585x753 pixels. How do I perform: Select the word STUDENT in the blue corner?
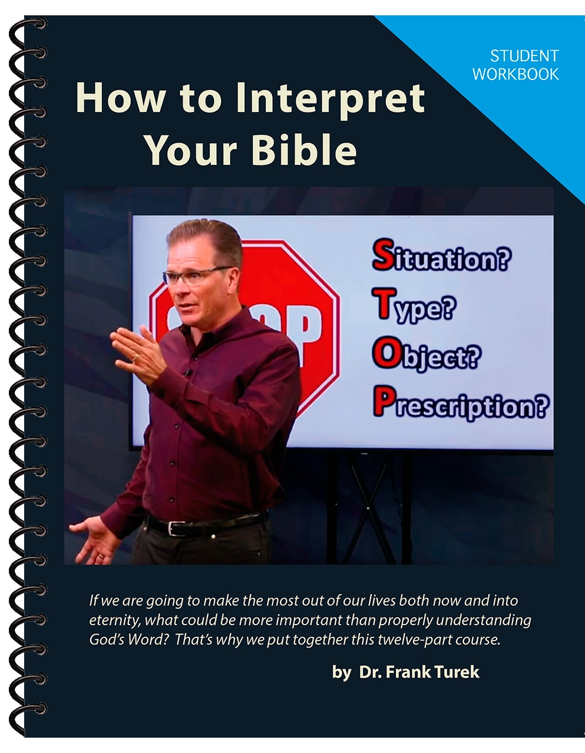tap(524, 57)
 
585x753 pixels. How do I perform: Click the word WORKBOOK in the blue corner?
tap(515, 74)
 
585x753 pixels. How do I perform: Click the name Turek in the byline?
tap(457, 672)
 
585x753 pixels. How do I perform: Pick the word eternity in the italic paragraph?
tap(114, 620)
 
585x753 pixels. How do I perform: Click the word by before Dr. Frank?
tap(341, 672)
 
